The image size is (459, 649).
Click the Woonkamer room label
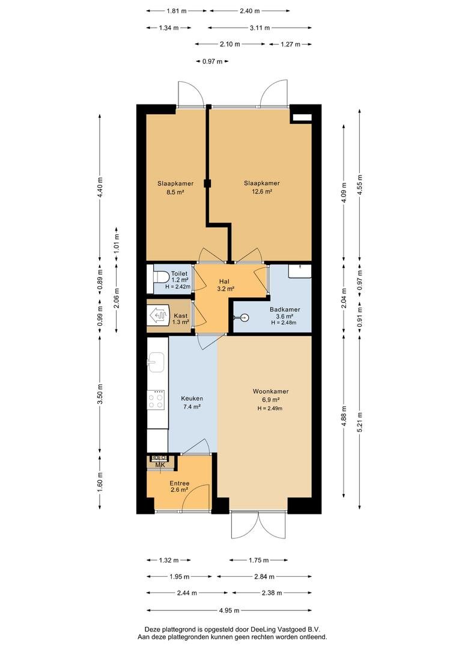[271, 391]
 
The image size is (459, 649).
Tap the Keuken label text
[192, 398]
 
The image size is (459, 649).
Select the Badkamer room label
[285, 309]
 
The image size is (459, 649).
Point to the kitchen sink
[156, 362]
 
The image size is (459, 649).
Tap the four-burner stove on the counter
[156, 400]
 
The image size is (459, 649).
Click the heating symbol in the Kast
[160, 315]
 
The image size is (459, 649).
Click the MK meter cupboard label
[160, 465]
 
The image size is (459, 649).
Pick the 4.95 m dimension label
[229, 610]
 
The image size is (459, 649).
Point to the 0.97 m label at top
[212, 61]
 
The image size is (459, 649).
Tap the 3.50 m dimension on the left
[100, 394]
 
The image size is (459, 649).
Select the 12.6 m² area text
[262, 192]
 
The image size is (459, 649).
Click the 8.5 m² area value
[175, 192]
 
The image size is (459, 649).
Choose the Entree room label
[179, 483]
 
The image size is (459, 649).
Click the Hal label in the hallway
[224, 281]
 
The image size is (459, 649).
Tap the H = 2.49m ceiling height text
[270, 409]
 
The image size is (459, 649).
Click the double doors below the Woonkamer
[259, 525]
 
